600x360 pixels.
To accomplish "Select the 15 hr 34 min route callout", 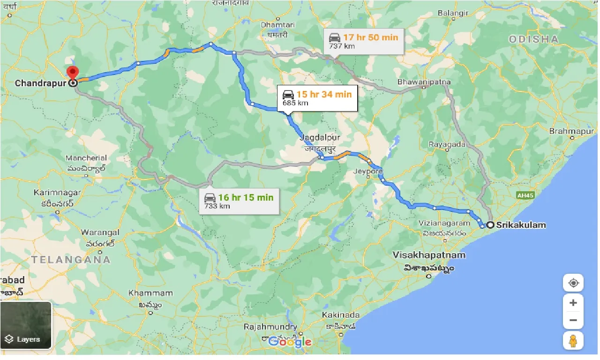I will pos(317,98).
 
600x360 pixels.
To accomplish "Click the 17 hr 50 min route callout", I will pos(364,41).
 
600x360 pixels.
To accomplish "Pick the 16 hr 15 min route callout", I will pos(239,201).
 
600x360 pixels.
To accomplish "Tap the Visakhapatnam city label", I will pos(429,255).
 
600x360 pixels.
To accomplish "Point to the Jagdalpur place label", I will pos(321,137).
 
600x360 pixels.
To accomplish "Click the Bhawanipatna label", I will pos(424,82).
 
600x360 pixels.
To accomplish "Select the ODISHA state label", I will pos(533,40).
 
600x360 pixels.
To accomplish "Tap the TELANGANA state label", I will pos(71,260).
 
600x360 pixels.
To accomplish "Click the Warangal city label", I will pos(100,232).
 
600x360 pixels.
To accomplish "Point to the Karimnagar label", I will pos(58,193).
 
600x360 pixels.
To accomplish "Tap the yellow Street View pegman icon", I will pos(573,341).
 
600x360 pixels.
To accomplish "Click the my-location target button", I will pos(573,284).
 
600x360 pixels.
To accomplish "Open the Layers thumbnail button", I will pos(26,325).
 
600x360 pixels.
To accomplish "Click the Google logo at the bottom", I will pos(290,341).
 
